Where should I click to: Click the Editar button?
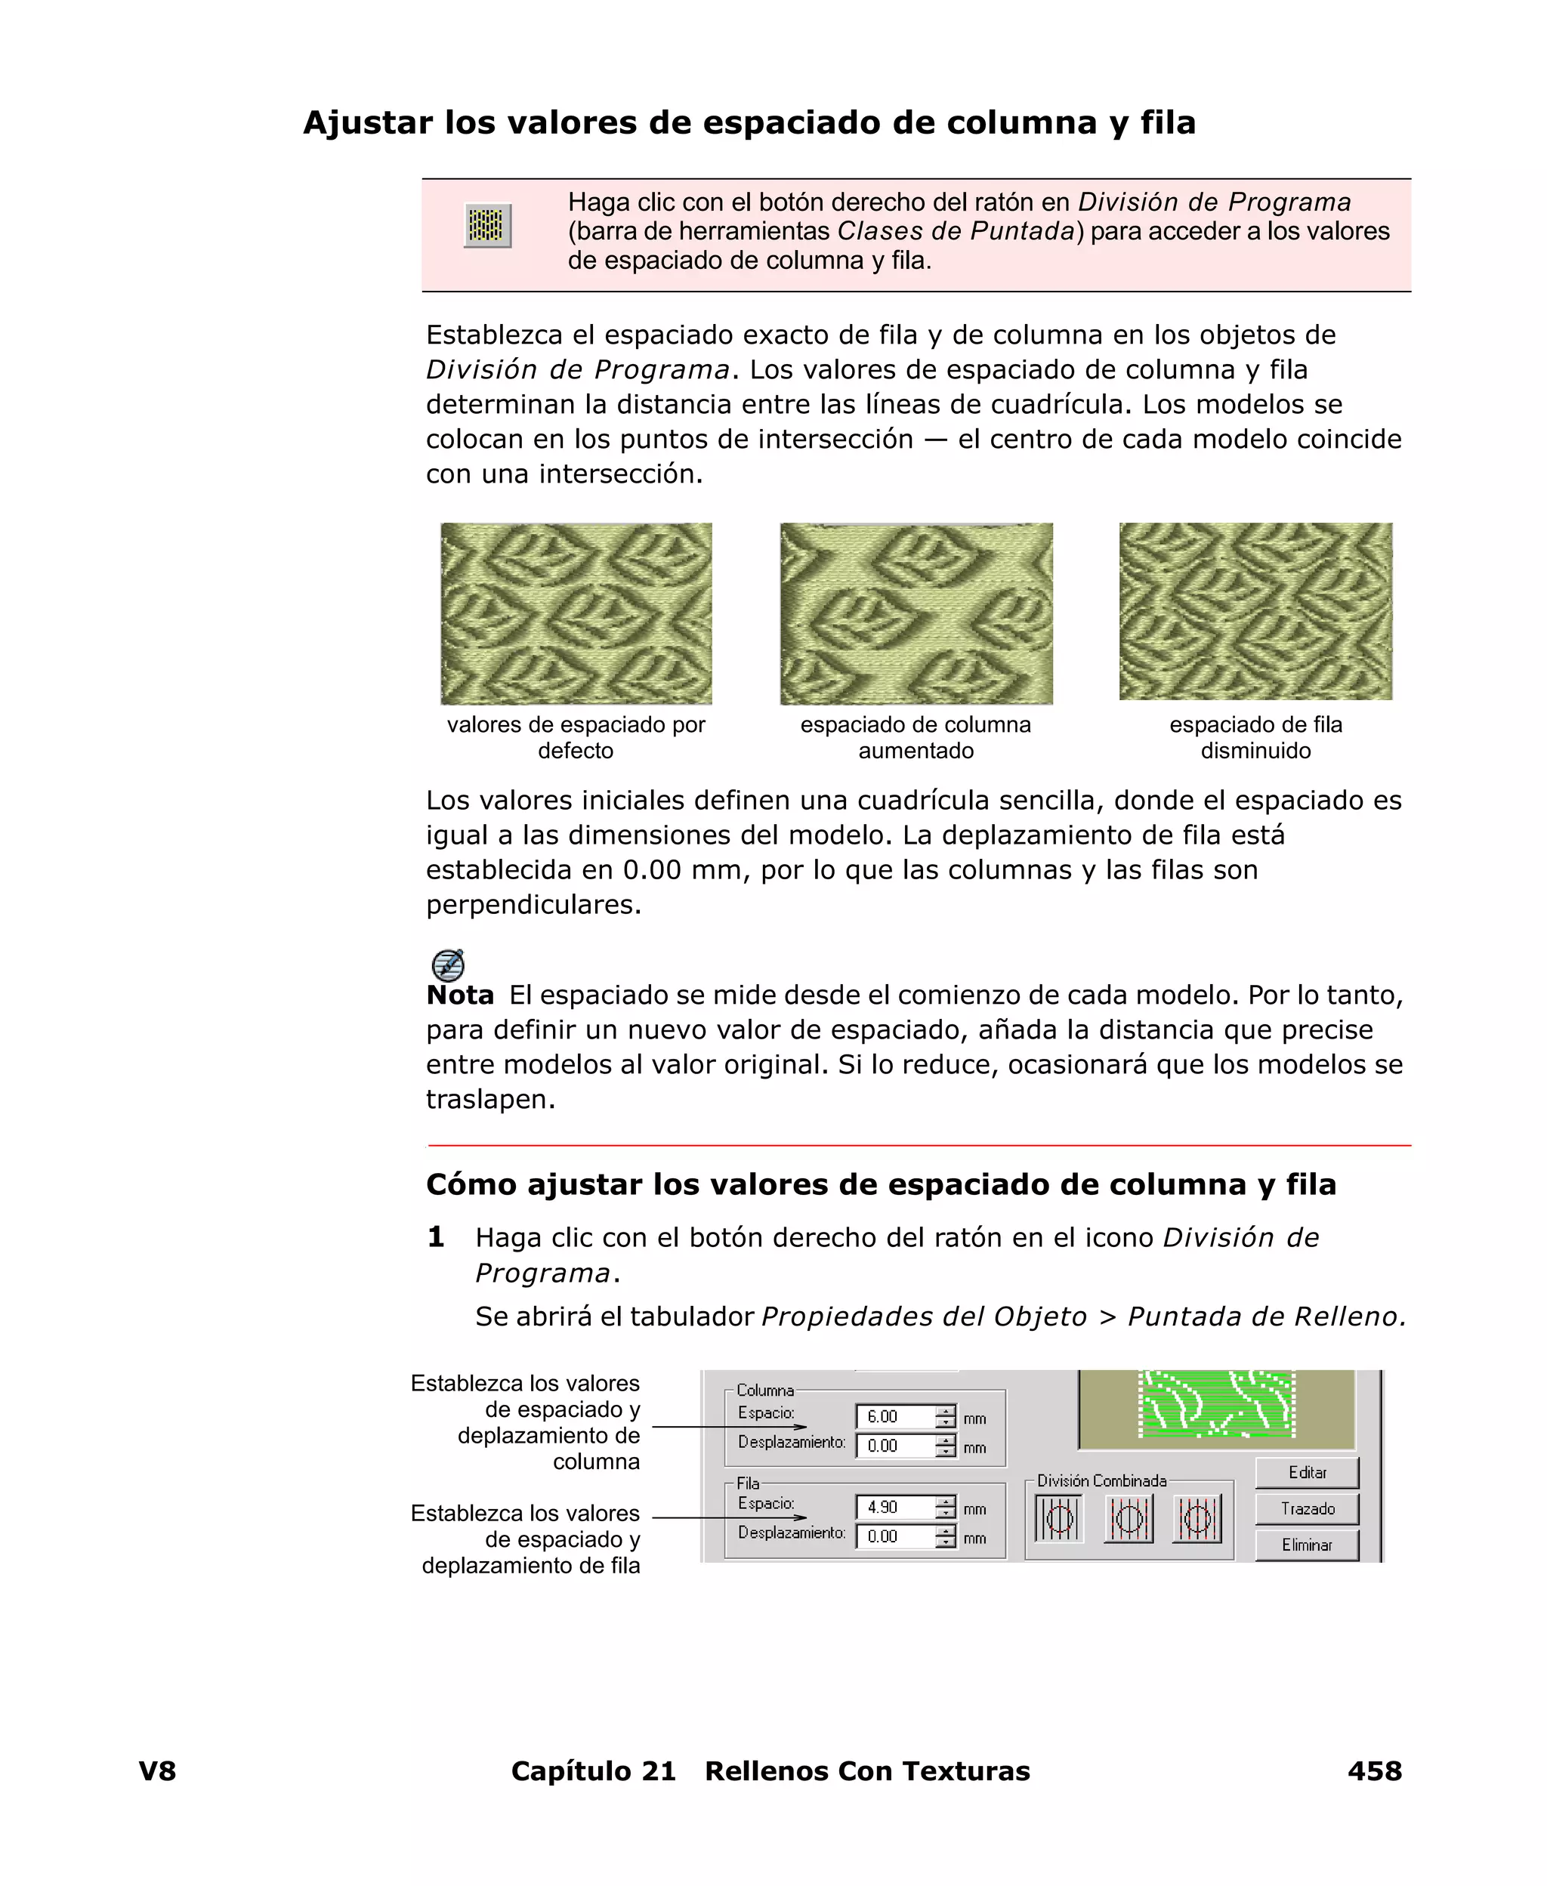pyautogui.click(x=1306, y=1473)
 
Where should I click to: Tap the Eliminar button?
pyautogui.click(x=1306, y=1545)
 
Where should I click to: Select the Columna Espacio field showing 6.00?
pyautogui.click(x=894, y=1416)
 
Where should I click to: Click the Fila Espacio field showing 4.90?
pyautogui.click(x=894, y=1507)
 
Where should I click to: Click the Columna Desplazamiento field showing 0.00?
pyautogui.click(x=894, y=1446)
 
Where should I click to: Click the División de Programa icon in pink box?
pyautogui.click(x=487, y=225)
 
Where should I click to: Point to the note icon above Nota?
pyautogui.click(x=447, y=965)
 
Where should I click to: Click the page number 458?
pyautogui.click(x=1374, y=1770)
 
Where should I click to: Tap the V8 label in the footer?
pyautogui.click(x=158, y=1770)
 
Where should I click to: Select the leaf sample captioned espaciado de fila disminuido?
pyautogui.click(x=1255, y=611)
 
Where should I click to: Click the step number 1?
pyautogui.click(x=436, y=1236)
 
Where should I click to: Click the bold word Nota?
pyautogui.click(x=460, y=995)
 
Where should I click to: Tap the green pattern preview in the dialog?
pyautogui.click(x=1216, y=1404)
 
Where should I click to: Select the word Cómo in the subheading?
pyautogui.click(x=471, y=1184)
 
